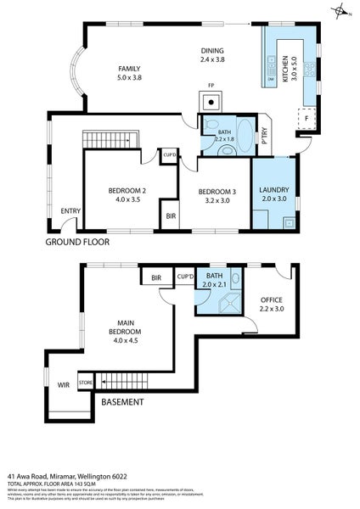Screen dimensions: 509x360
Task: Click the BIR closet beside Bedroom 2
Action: click(x=171, y=216)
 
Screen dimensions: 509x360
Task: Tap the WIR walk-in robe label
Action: click(x=63, y=384)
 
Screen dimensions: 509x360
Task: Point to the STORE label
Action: click(x=85, y=383)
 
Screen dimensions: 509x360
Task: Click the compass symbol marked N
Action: click(x=340, y=12)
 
